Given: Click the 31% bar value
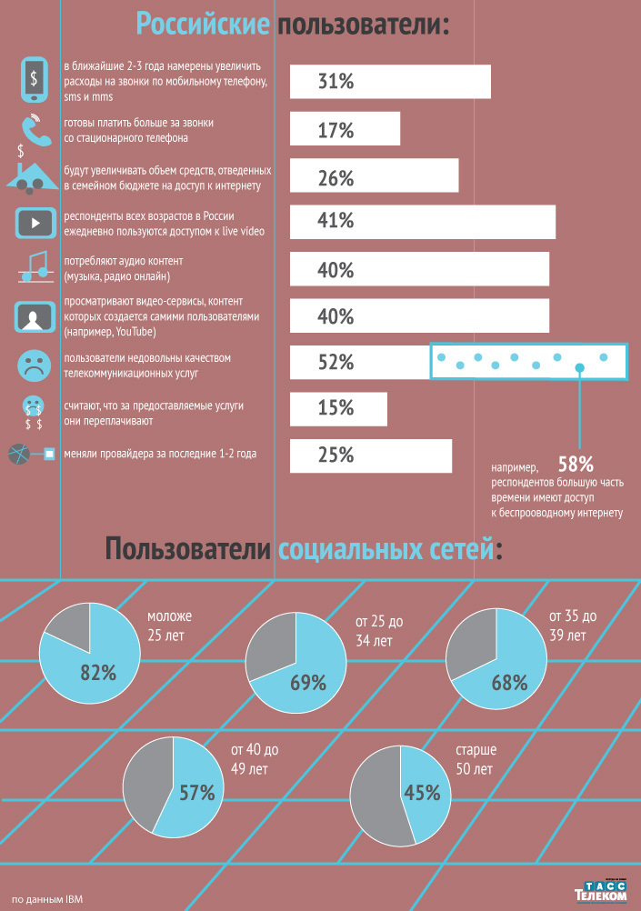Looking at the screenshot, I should click(x=336, y=82).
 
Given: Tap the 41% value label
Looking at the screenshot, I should click(x=336, y=221).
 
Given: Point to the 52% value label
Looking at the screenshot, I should click(x=336, y=363).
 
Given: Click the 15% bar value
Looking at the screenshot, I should click(x=336, y=408).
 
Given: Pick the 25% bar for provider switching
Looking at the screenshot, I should click(x=370, y=455).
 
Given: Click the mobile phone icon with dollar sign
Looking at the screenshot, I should click(x=34, y=80).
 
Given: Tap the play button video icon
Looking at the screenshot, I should click(x=34, y=221).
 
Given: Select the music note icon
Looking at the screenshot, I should click(x=35, y=267).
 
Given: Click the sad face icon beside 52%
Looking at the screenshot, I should click(x=34, y=364).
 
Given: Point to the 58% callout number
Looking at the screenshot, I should click(x=576, y=464).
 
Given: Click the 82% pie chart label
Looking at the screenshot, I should click(x=98, y=674).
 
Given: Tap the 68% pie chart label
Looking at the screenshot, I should click(x=509, y=682).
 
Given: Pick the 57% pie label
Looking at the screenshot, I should click(x=196, y=793).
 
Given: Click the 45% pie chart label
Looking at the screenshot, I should click(x=422, y=794).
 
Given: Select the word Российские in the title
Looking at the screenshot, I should click(x=204, y=24).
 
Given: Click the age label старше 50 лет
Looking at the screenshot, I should click(x=476, y=760).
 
